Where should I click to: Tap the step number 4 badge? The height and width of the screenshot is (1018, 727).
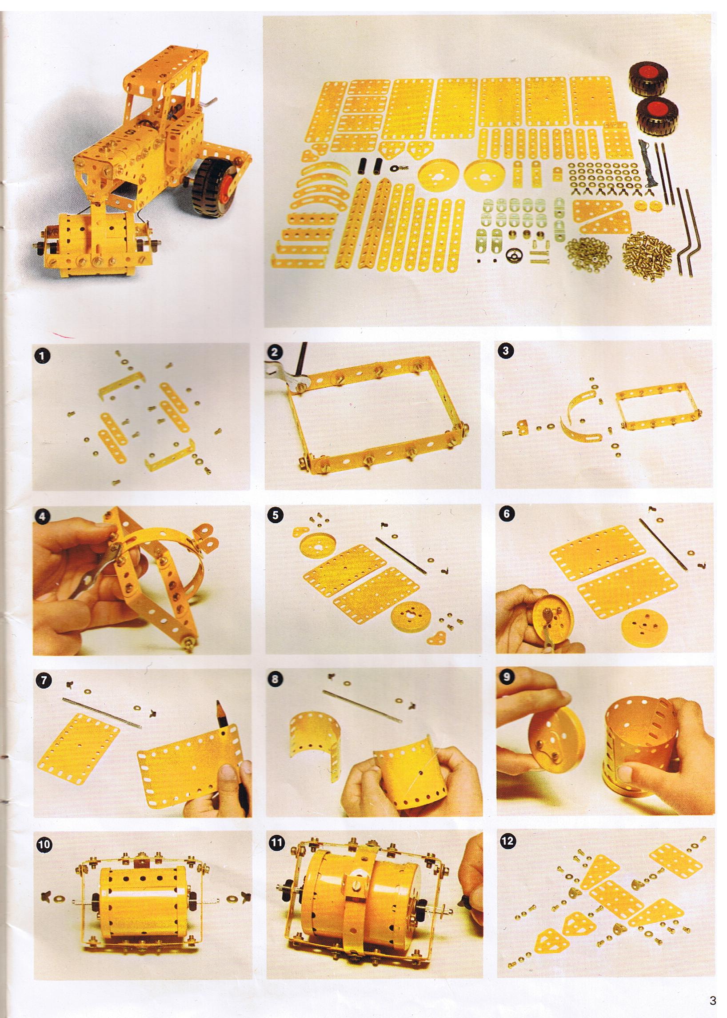[42, 516]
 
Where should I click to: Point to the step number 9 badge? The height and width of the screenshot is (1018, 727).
[506, 677]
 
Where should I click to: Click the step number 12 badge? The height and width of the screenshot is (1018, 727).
[507, 841]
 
